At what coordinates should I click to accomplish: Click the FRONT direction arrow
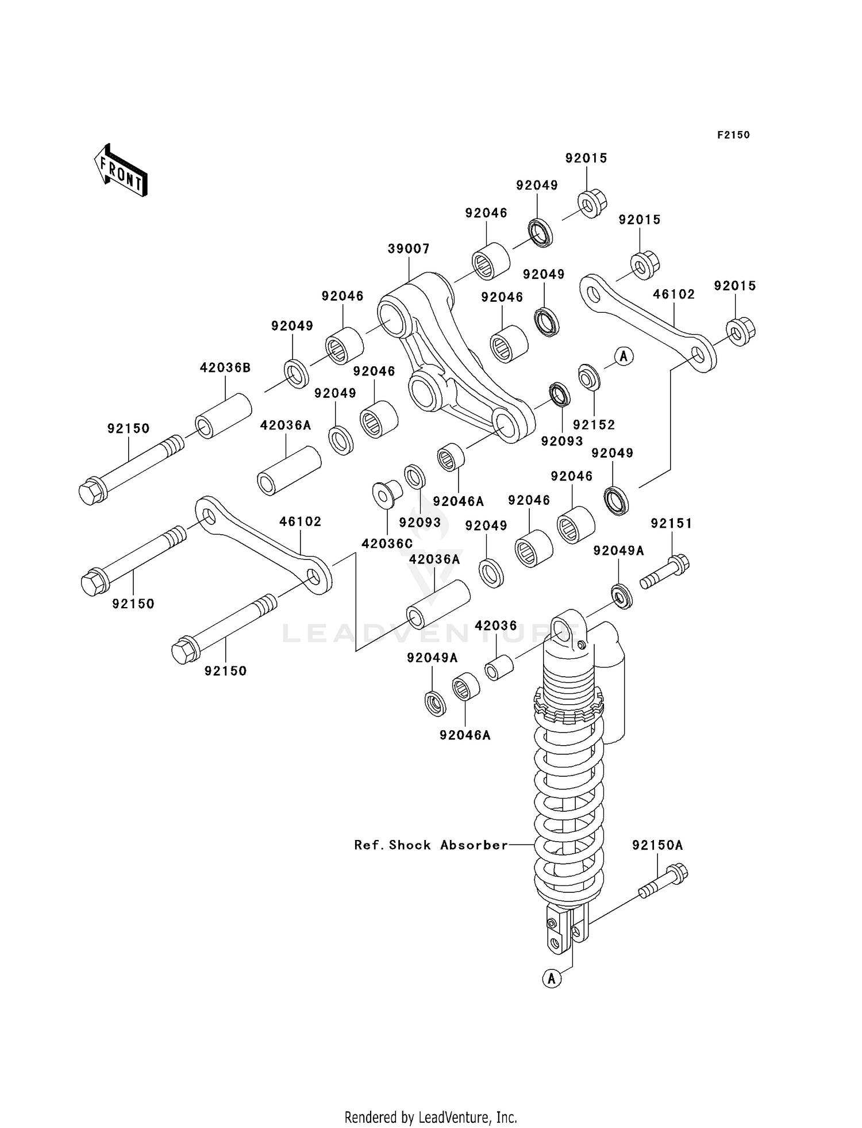point(121,171)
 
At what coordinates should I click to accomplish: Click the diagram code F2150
point(733,135)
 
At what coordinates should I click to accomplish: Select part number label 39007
point(409,248)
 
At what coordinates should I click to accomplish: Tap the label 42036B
point(225,367)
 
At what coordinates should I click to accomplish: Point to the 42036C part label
point(387,543)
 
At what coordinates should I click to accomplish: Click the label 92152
point(594,424)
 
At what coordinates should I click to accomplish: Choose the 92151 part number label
point(671,523)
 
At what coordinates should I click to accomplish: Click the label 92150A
point(657,845)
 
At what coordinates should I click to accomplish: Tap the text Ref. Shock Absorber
point(431,845)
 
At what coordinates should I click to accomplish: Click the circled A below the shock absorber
point(552,978)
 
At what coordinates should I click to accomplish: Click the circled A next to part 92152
point(624,356)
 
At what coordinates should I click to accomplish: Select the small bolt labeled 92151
point(665,572)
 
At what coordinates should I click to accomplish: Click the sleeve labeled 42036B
point(224,416)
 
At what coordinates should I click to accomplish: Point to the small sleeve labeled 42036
point(499,667)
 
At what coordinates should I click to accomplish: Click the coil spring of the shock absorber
point(569,816)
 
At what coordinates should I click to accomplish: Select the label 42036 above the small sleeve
point(495,626)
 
